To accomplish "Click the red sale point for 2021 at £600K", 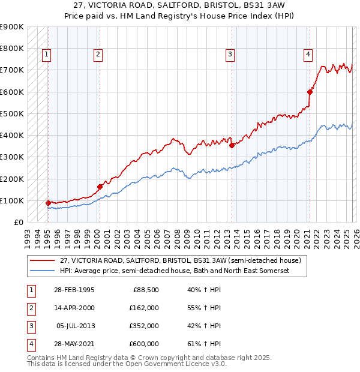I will tap(310, 92).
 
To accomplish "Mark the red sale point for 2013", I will tap(231, 145).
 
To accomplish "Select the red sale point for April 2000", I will tap(100, 187).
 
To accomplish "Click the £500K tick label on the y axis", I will tap(12, 113).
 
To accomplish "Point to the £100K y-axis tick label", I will tap(12, 200).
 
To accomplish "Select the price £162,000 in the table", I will tap(143, 308).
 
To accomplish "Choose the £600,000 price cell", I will tap(143, 344).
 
